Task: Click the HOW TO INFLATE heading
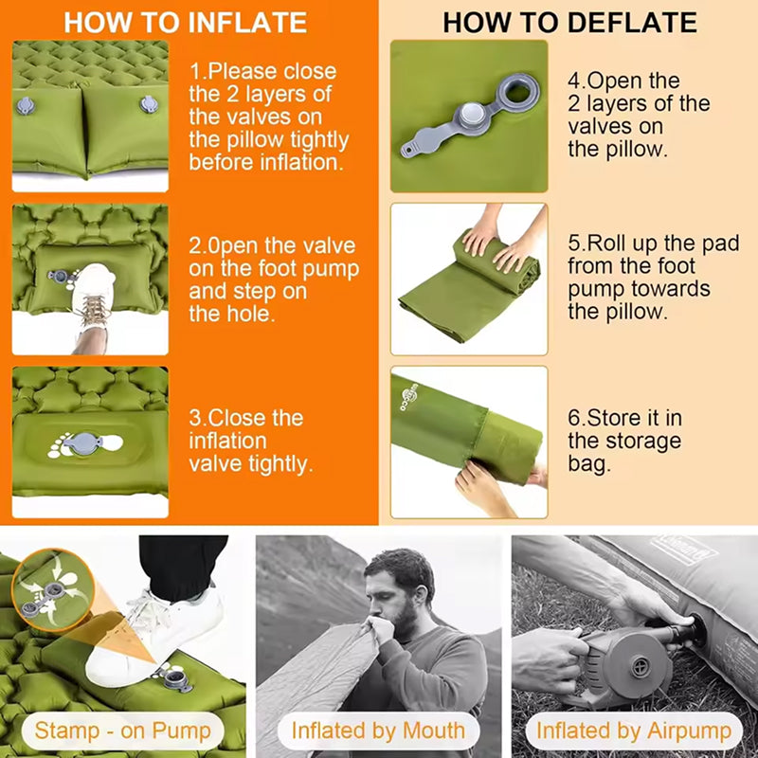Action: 185,22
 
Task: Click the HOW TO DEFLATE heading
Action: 570,22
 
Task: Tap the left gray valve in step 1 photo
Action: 26,105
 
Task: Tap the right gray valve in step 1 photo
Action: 149,104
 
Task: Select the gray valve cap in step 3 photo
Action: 84,443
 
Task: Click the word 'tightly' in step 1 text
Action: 319,140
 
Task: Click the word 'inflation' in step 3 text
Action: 227,441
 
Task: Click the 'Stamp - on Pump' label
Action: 123,731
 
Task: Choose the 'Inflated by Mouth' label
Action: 378,731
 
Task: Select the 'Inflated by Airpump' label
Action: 634,731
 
